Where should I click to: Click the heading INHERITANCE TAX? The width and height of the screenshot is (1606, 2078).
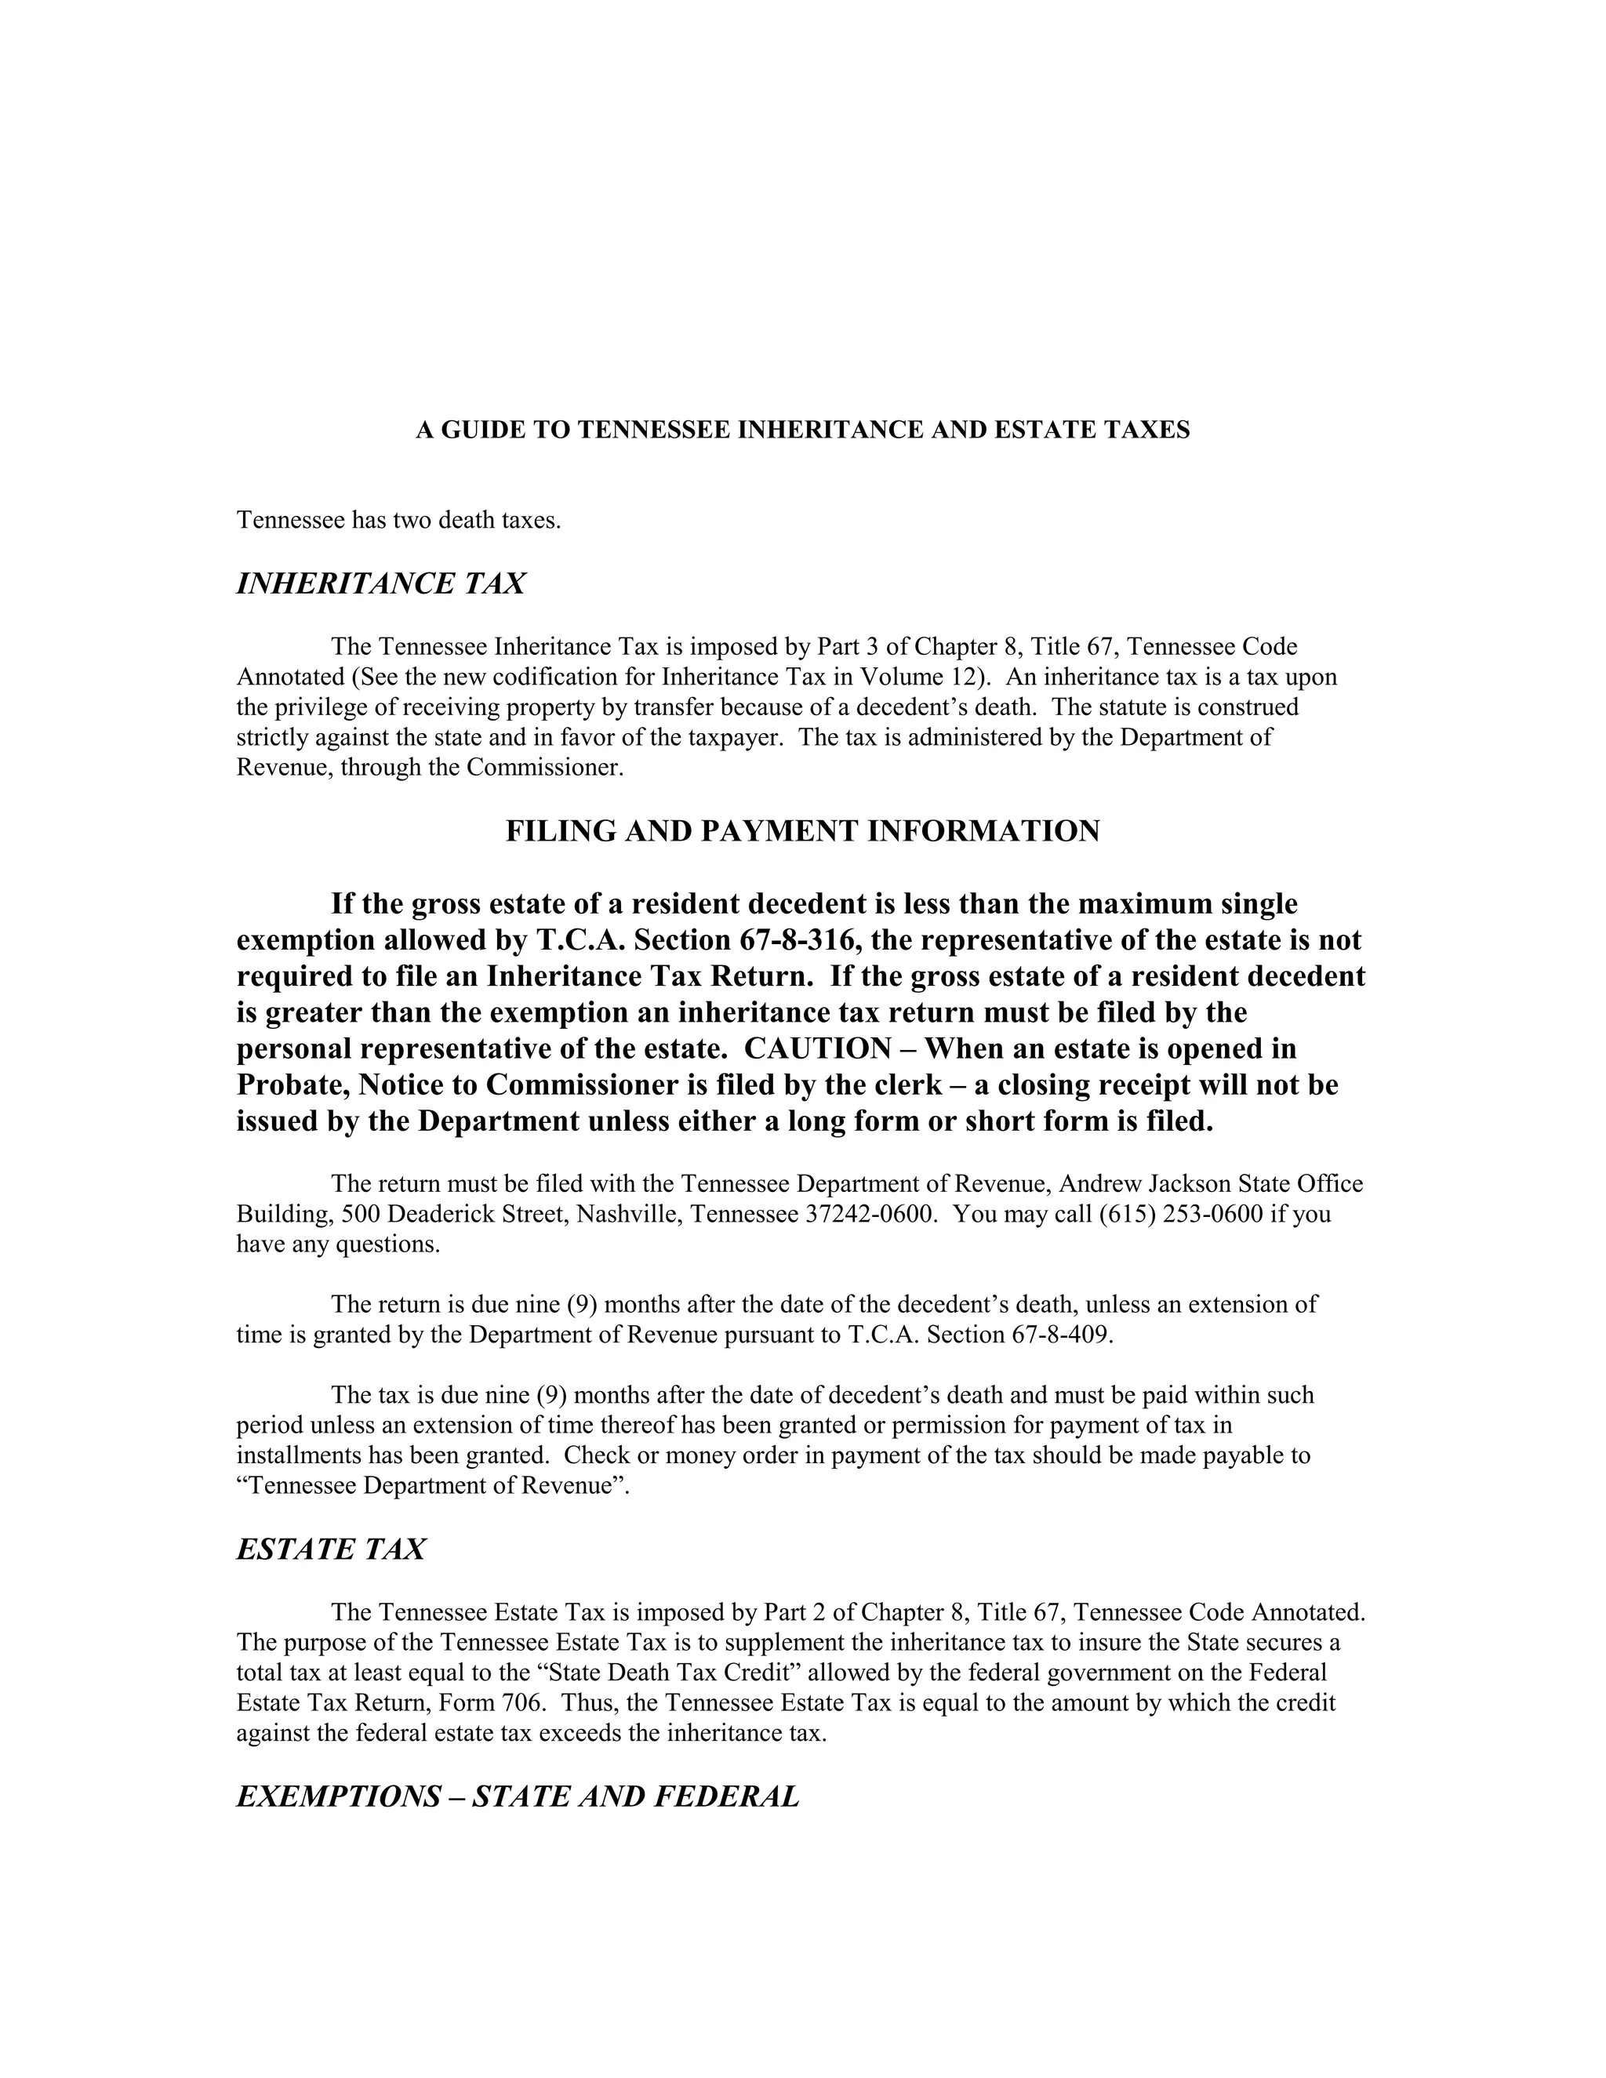(380, 583)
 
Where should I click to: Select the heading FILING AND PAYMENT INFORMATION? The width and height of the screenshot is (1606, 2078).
(802, 831)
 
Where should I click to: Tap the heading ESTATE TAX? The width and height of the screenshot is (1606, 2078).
(330, 1549)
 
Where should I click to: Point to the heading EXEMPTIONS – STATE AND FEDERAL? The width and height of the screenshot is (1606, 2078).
(518, 1796)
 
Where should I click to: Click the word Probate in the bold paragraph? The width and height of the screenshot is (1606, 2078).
(291, 1084)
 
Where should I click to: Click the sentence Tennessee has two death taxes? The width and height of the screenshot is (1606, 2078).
(398, 521)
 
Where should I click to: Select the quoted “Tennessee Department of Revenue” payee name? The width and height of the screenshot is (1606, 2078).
(433, 1485)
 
